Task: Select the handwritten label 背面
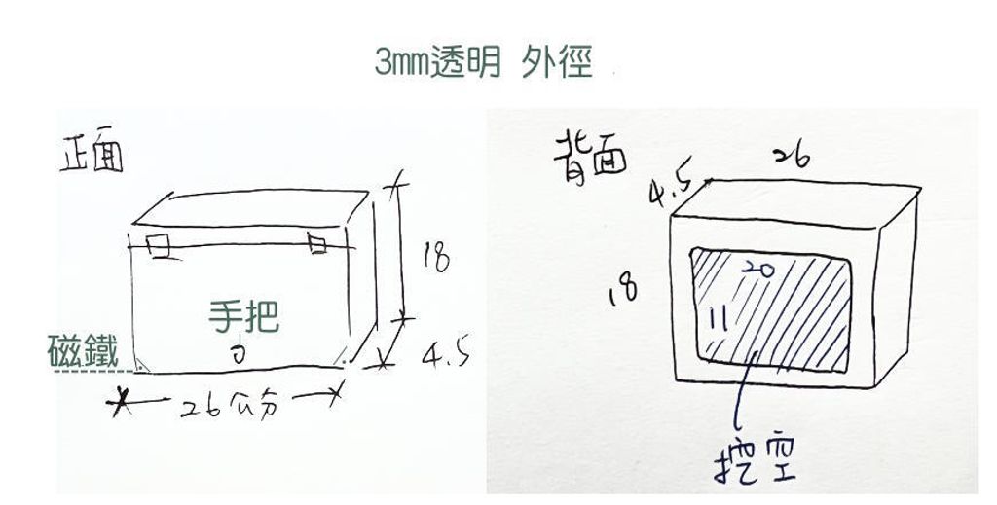click(x=590, y=153)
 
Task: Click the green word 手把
click(x=243, y=314)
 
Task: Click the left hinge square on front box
click(x=159, y=244)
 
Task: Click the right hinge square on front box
click(x=317, y=243)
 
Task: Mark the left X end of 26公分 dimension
click(x=122, y=398)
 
